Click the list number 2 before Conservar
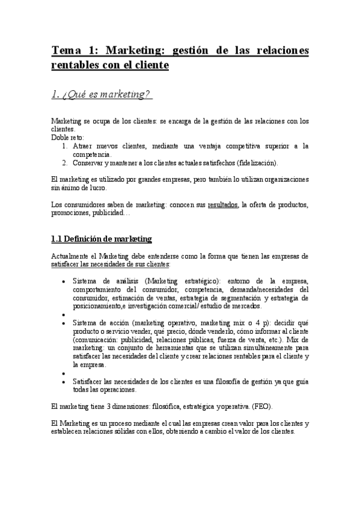click(x=65, y=162)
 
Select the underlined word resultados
click(x=222, y=204)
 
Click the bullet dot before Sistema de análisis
click(x=64, y=281)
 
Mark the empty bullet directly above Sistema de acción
click(x=64, y=314)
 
